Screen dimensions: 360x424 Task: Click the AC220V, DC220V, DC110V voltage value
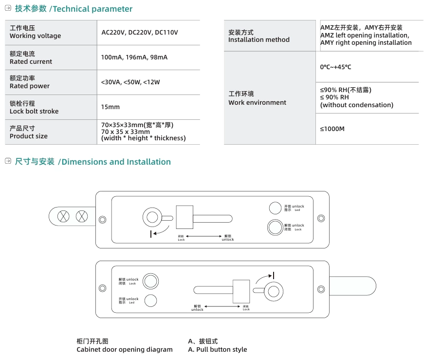pyautogui.click(x=139, y=33)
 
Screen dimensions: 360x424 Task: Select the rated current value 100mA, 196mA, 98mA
pyautogui.click(x=134, y=57)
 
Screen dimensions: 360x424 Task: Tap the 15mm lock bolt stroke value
pyautogui.click(x=110, y=107)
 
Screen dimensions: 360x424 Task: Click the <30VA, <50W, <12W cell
pyautogui.click(x=130, y=82)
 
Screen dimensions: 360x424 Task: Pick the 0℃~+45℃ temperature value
pyautogui.click(x=335, y=67)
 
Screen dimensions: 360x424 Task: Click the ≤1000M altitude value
pyautogui.click(x=332, y=129)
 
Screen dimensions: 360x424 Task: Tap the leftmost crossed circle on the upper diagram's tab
pyautogui.click(x=63, y=216)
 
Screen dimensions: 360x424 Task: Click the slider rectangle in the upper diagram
pyautogui.click(x=184, y=217)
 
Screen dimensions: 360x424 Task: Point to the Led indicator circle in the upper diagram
pyautogui.click(x=275, y=208)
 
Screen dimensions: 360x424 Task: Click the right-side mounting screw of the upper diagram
pyautogui.click(x=321, y=218)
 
